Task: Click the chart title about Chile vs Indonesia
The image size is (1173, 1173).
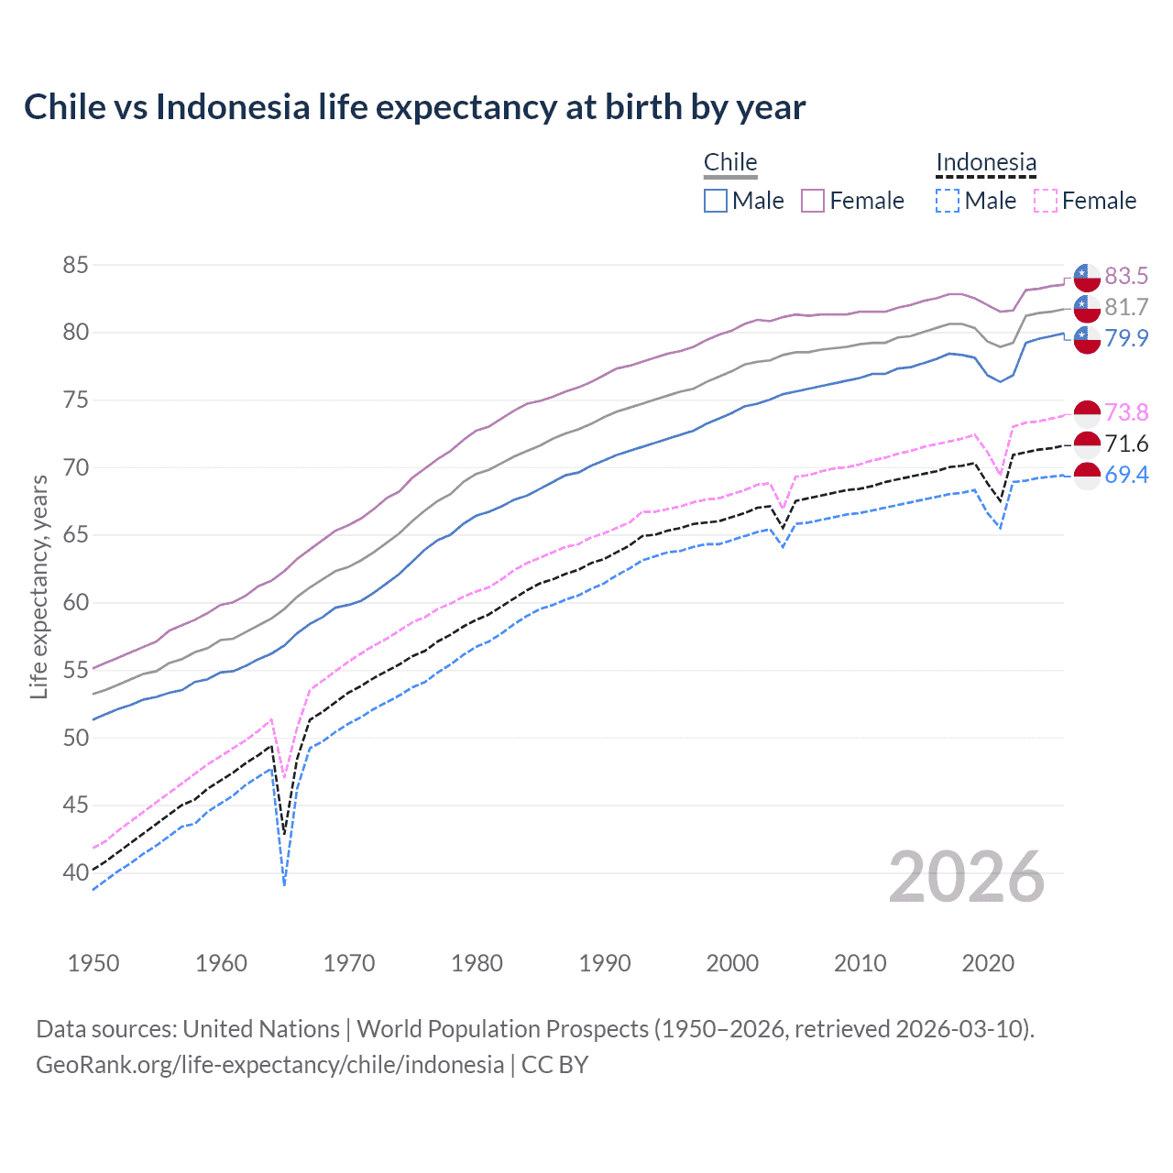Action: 414,107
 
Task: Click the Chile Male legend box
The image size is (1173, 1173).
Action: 716,201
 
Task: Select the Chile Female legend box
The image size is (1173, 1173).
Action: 813,201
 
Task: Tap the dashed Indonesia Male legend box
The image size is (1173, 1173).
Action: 948,201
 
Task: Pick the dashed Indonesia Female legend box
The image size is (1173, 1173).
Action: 1046,201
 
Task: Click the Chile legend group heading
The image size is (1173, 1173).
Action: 730,162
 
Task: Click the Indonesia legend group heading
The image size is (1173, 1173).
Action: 986,162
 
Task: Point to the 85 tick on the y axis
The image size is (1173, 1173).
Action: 75,265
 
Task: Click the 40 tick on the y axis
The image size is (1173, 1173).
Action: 75,872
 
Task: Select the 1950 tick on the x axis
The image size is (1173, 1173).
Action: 93,963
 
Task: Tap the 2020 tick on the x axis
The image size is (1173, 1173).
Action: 988,963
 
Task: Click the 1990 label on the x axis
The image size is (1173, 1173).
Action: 605,963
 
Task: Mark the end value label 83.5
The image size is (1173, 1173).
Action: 1126,276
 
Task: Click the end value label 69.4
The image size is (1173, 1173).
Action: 1126,475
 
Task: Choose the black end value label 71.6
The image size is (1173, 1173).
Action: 1126,444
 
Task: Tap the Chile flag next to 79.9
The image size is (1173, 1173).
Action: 1087,339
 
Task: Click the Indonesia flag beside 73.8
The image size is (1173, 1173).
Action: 1087,413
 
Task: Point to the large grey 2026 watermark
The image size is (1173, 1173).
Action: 967,877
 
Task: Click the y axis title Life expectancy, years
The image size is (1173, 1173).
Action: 38,586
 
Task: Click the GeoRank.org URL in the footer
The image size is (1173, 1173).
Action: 269,1065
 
